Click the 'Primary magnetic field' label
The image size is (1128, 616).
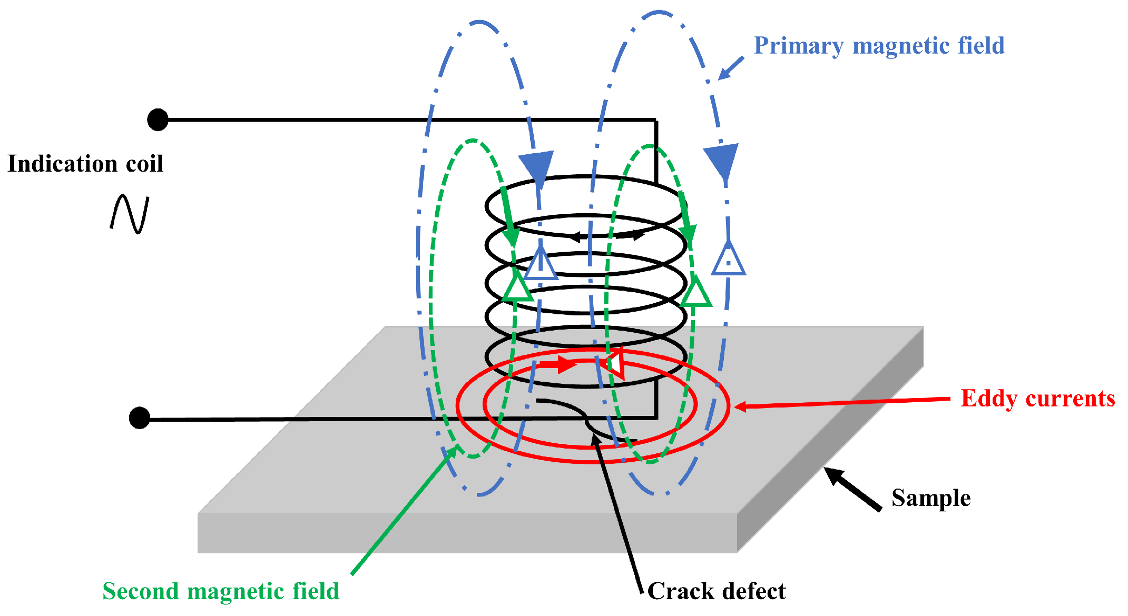(879, 46)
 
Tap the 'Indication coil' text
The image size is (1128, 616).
(85, 164)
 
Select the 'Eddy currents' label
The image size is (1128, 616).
(1037, 399)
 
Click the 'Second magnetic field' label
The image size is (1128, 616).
(220, 591)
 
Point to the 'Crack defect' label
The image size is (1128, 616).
(716, 591)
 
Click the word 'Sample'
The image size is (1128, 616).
(930, 498)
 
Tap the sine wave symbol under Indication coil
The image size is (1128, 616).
(130, 214)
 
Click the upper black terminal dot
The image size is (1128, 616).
(158, 120)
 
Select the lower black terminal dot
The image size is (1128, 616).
(140, 418)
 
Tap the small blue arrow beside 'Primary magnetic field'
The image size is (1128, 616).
(731, 68)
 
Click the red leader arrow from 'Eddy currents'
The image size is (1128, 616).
(843, 403)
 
